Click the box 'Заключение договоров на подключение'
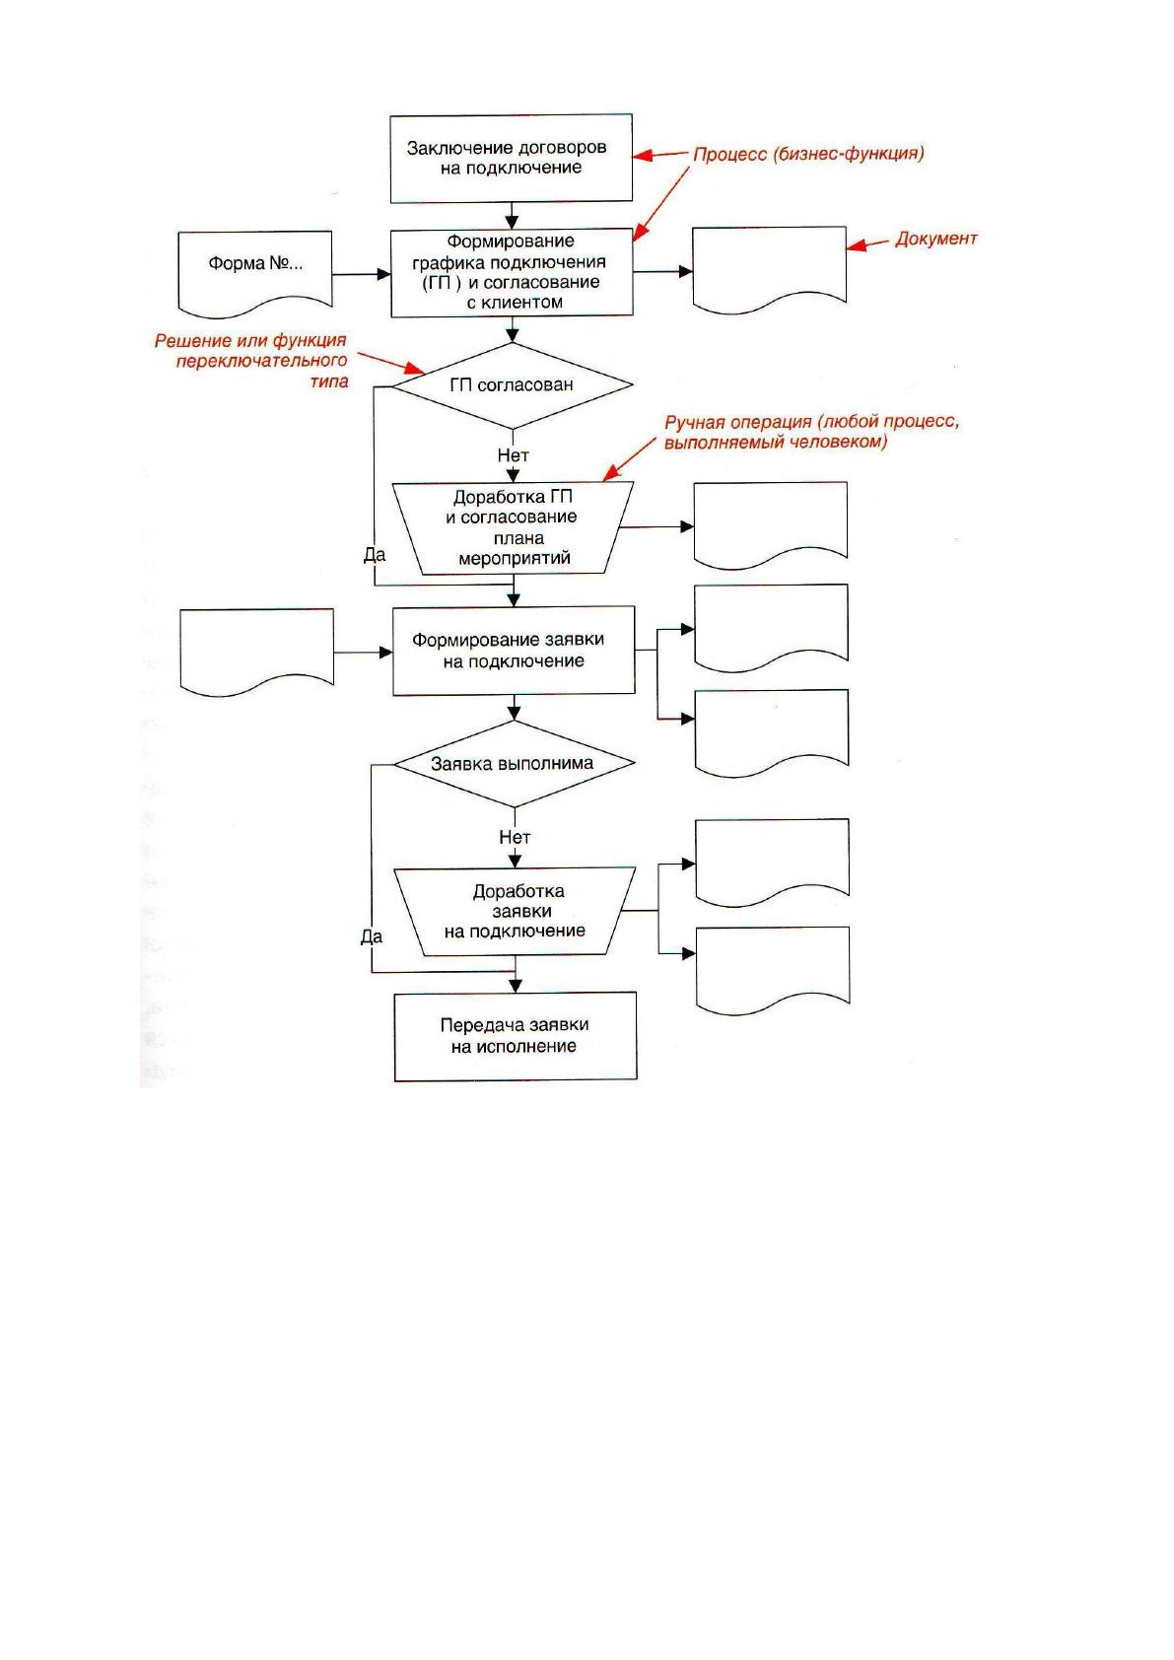[x=511, y=158]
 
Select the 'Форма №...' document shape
[x=255, y=271]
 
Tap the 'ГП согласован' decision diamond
[x=512, y=385]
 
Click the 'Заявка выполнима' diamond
[x=514, y=764]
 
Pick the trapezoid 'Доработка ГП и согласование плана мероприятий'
[x=513, y=527]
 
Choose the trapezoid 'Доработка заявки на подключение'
[x=516, y=912]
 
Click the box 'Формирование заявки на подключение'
[x=514, y=651]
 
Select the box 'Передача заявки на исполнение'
[x=516, y=1036]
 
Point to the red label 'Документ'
[x=936, y=239]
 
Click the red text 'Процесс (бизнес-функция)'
[x=808, y=154]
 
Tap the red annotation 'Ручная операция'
[x=737, y=423]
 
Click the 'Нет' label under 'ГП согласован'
[x=513, y=455]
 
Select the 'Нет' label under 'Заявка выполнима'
[x=515, y=838]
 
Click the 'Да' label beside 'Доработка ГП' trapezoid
[x=375, y=554]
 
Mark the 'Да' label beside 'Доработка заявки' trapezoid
[x=372, y=936]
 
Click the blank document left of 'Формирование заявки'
[x=257, y=651]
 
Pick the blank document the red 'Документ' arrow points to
[x=769, y=268]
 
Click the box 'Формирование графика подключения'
[x=513, y=273]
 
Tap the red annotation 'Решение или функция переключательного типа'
[x=251, y=361]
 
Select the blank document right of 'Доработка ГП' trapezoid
[x=771, y=524]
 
